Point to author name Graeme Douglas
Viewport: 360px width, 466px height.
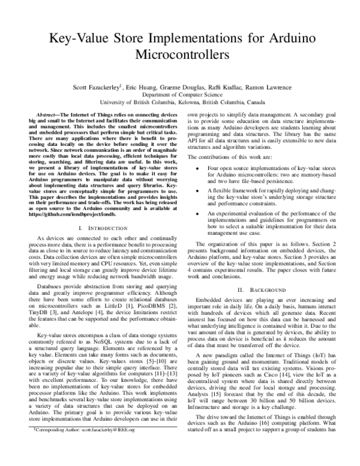[x=179, y=86]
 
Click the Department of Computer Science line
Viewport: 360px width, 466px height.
[x=179, y=94]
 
